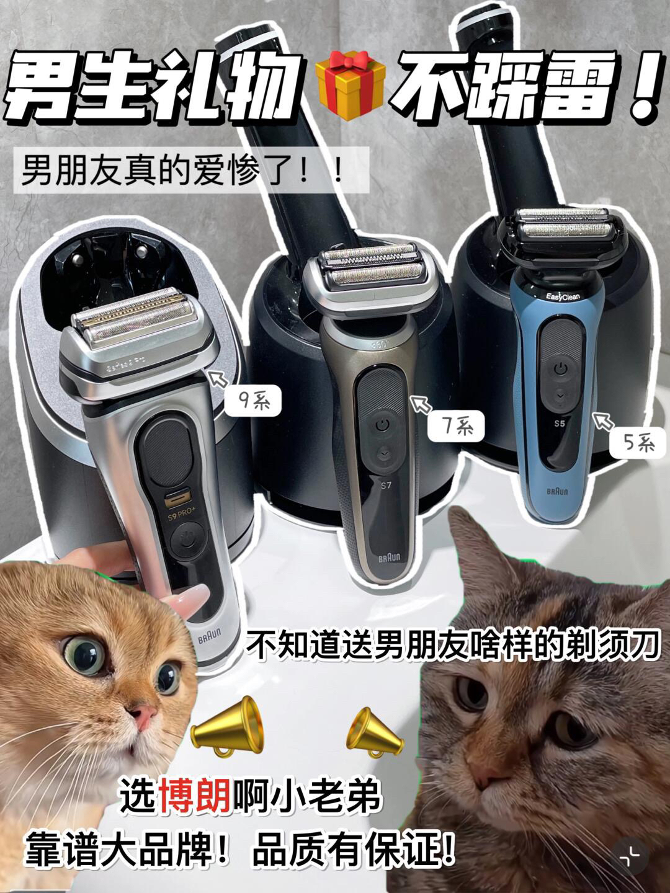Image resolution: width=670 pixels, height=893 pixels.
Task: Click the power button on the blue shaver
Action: (561, 370)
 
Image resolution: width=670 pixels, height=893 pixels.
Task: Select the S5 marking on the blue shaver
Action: (560, 423)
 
